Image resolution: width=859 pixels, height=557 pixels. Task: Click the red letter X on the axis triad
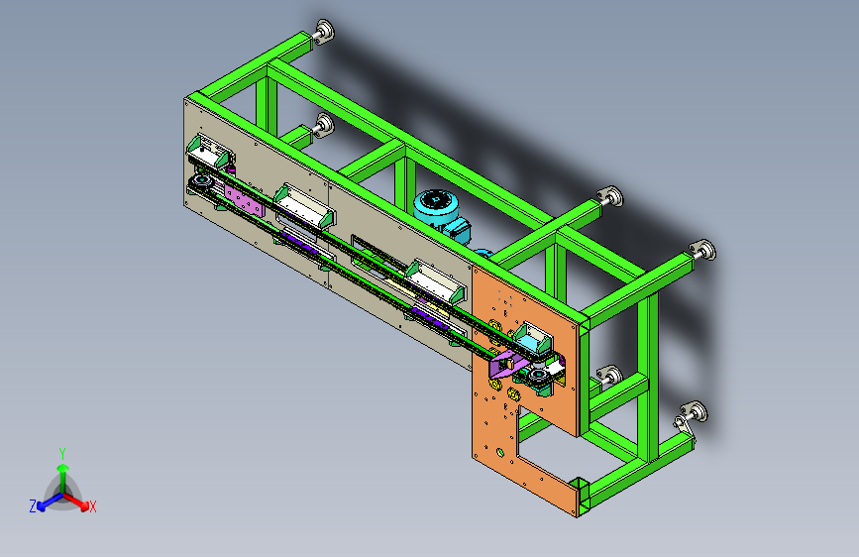[x=92, y=507]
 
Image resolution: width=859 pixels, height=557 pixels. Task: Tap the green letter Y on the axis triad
[x=62, y=454]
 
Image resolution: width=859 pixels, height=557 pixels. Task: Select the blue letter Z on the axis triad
[x=33, y=506]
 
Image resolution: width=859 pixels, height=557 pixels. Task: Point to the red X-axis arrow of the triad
[x=76, y=501]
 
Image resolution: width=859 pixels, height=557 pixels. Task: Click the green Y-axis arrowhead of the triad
[x=63, y=468]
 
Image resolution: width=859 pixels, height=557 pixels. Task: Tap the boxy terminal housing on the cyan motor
[x=459, y=229]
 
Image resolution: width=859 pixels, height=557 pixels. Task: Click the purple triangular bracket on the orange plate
[x=506, y=366]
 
